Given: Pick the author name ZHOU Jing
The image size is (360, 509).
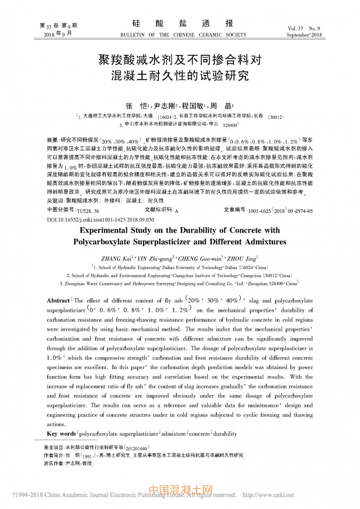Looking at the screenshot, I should point(243,258).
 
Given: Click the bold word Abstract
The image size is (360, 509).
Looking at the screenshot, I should point(59,300).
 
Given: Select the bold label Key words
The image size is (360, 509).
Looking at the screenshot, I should point(62,433).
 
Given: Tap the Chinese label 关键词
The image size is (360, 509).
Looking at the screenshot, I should point(55,200).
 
